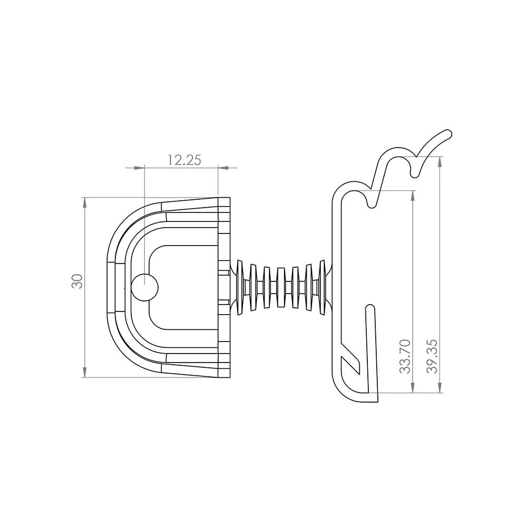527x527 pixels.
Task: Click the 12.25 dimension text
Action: (x=184, y=160)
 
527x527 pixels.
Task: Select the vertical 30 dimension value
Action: (x=77, y=281)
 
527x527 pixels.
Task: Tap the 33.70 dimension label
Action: (x=405, y=357)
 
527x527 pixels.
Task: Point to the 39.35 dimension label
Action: (x=432, y=357)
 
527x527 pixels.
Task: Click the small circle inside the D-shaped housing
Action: (x=144, y=287)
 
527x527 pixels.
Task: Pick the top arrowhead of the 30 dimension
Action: (x=84, y=203)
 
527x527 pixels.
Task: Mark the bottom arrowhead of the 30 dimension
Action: (x=84, y=372)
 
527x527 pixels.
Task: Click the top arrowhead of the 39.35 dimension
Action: (x=440, y=162)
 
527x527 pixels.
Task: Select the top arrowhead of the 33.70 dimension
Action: (x=413, y=196)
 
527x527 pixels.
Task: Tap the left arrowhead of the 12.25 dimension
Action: (x=139, y=168)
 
